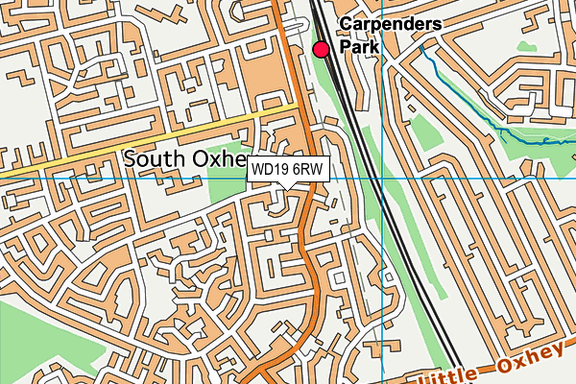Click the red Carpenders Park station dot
click(x=322, y=49)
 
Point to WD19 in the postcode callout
click(x=271, y=170)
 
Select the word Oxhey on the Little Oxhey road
click(x=533, y=359)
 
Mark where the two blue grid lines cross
click(x=381, y=178)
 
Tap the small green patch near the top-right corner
click(x=525, y=45)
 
